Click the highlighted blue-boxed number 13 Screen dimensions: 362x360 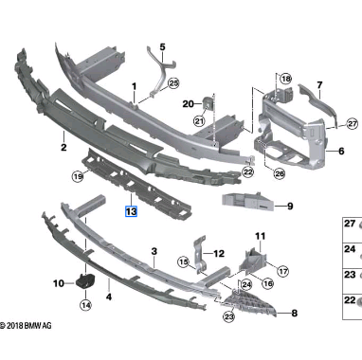coord(131,211)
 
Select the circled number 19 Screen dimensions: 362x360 coord(78,176)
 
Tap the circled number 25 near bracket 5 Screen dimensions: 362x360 coord(173,83)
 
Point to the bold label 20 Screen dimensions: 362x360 coord(189,103)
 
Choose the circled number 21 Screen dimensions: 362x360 coord(199,120)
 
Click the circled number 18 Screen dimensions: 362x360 coord(285,79)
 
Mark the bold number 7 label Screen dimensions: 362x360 coord(319,85)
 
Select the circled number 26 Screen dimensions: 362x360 coord(280,173)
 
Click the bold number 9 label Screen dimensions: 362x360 coord(290,207)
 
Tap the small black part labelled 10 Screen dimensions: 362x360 coord(85,280)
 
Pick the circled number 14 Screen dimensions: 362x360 coord(86,305)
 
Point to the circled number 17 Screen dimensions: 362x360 coord(282,271)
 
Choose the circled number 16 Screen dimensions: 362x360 coord(267,283)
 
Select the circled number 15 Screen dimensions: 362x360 coord(184,261)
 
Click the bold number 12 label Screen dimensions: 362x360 coord(219,253)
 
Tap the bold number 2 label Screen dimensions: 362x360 coord(63,147)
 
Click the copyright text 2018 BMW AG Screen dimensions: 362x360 coord(26,325)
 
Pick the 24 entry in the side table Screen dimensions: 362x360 coord(350,249)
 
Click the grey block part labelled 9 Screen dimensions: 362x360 coord(248,203)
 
